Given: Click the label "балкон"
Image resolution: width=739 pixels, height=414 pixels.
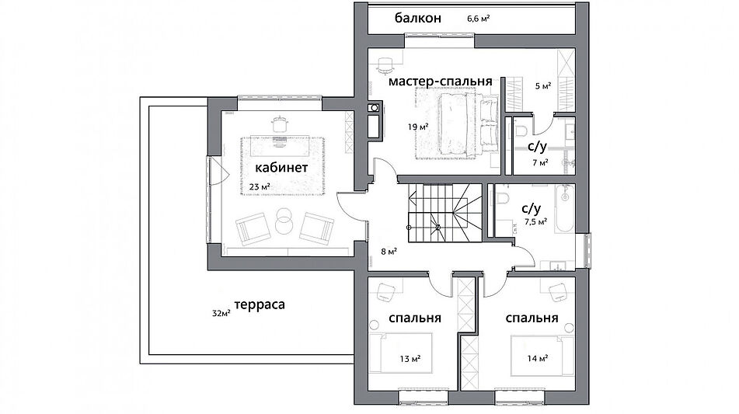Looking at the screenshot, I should pyautogui.click(x=417, y=17).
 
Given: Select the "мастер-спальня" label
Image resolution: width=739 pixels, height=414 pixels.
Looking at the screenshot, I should pyautogui.click(x=441, y=81).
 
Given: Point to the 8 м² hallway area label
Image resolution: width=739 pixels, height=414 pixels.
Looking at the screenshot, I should pyautogui.click(x=390, y=251).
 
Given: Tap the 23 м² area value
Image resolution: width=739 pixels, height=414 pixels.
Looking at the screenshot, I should pyautogui.click(x=260, y=187).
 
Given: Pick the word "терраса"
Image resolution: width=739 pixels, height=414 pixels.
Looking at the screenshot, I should pyautogui.click(x=260, y=304).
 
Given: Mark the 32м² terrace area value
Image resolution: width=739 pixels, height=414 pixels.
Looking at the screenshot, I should pyautogui.click(x=221, y=314).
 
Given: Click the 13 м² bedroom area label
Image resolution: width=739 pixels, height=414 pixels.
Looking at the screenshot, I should pyautogui.click(x=410, y=359).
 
